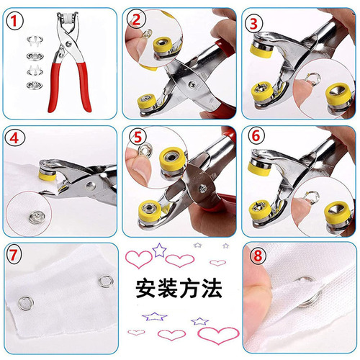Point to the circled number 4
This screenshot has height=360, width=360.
(14, 137)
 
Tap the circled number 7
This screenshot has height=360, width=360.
(14, 254)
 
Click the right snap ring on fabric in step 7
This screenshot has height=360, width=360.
(106, 276)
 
